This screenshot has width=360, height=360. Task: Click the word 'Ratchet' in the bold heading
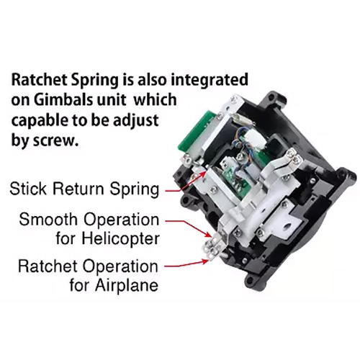click(x=39, y=80)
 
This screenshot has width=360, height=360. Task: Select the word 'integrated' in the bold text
click(x=210, y=80)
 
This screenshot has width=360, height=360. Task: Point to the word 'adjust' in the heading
click(x=135, y=121)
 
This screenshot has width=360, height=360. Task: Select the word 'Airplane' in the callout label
click(x=126, y=285)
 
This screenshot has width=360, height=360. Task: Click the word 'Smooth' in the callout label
click(x=49, y=219)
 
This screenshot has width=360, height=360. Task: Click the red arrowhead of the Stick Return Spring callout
click(x=204, y=174)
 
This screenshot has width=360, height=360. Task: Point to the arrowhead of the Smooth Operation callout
click(x=210, y=234)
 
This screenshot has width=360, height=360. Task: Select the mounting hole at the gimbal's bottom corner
click(x=249, y=279)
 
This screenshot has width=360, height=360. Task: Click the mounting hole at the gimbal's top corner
click(x=271, y=97)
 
